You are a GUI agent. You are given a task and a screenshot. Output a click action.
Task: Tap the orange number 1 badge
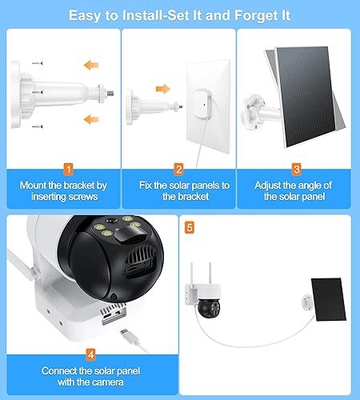point(68,169)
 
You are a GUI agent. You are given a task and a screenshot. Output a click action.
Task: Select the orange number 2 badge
point(179,169)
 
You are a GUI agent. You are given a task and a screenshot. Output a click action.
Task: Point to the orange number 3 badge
point(296,169)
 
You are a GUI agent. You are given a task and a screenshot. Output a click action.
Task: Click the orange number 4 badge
point(90,353)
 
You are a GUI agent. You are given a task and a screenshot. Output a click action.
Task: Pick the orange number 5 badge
point(189,226)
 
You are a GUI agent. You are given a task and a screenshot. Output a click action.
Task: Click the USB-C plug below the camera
point(127,327)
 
